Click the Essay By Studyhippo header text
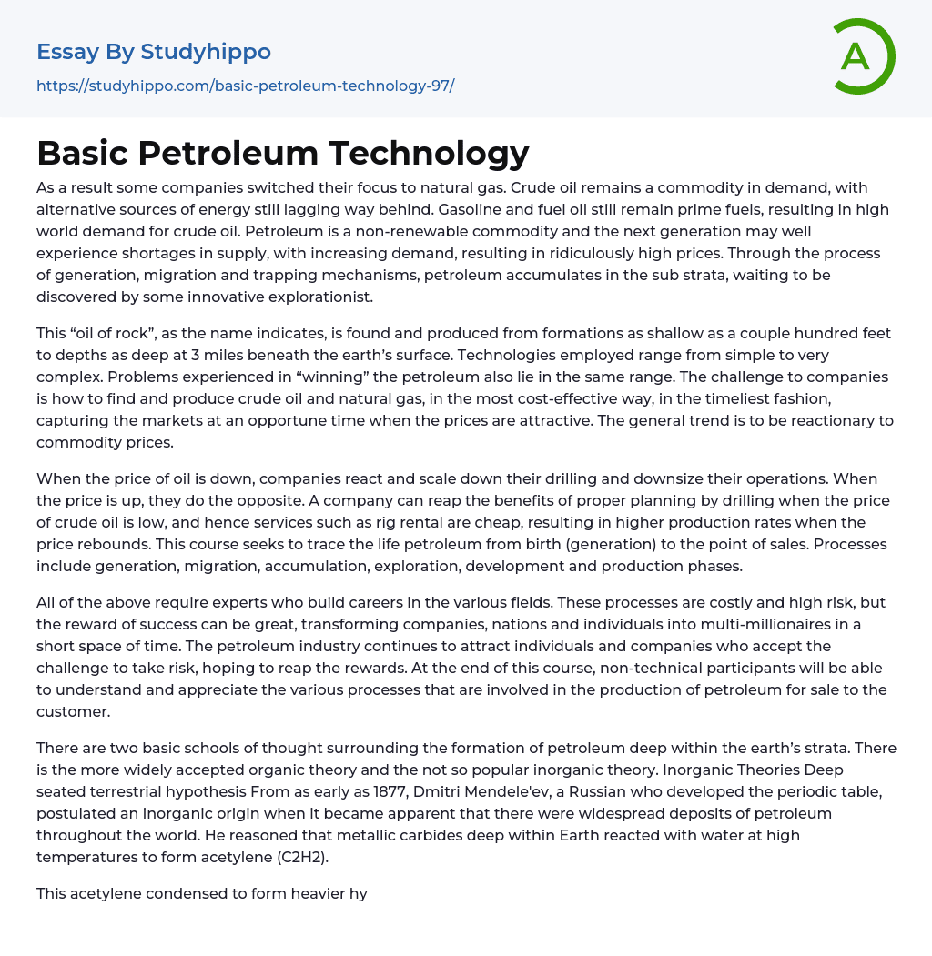click(154, 52)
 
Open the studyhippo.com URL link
click(245, 86)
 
